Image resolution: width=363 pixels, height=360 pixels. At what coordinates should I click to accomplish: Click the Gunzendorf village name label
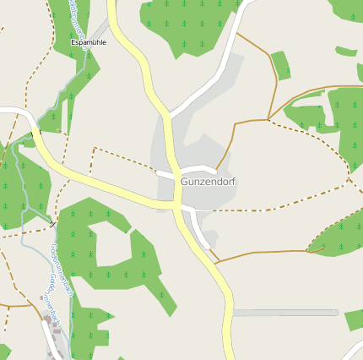208,182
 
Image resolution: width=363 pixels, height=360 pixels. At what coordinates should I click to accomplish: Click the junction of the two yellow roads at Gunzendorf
176,205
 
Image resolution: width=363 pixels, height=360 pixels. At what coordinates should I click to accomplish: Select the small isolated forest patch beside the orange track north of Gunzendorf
280,64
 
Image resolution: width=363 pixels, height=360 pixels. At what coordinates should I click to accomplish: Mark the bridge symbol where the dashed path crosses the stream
52,224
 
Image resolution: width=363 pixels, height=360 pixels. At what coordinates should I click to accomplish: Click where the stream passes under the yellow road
36,135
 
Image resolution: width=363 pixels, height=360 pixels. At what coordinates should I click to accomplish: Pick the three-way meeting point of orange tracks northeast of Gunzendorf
268,119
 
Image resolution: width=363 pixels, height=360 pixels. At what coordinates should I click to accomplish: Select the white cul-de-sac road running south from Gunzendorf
200,228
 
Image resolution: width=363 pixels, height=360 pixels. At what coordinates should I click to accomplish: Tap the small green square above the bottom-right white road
354,319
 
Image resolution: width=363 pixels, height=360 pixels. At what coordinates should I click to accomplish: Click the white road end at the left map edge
7,109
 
